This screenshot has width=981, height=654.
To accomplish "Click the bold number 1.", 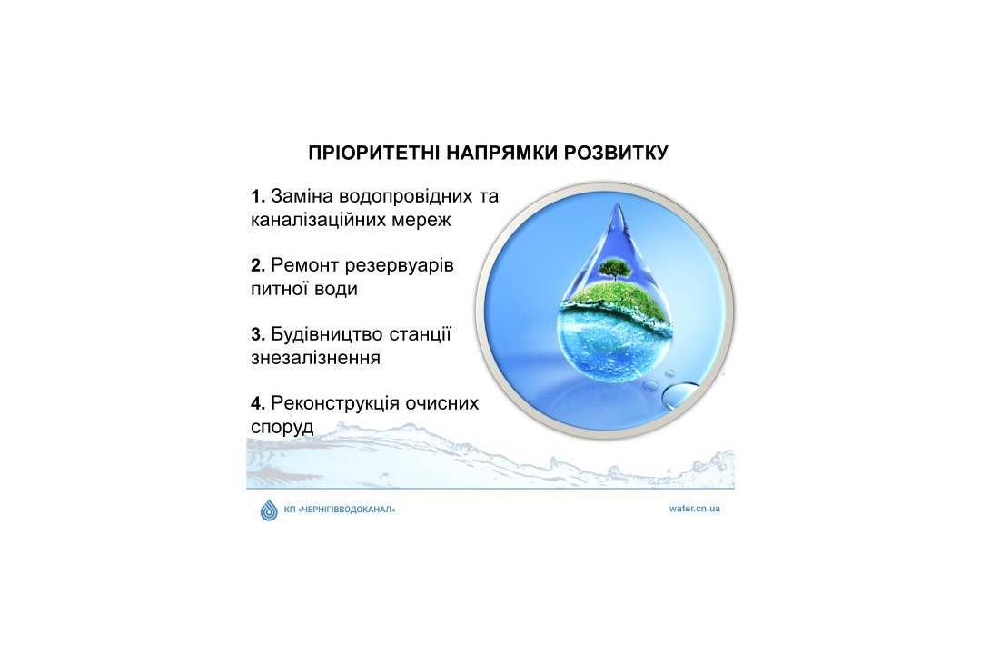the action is tap(258, 196).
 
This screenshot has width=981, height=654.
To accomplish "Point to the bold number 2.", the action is tap(258, 265).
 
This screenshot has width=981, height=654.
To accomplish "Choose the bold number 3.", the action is tap(258, 334).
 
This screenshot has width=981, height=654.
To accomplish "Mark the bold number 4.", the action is tap(258, 403).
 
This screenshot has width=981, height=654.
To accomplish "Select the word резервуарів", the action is tap(399, 266).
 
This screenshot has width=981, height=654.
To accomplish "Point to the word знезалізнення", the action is tap(315, 358).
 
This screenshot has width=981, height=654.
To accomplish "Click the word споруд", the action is tap(282, 428).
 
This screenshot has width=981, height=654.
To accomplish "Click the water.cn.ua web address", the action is tap(695, 508).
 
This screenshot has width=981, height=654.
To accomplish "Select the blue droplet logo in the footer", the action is tap(269, 510).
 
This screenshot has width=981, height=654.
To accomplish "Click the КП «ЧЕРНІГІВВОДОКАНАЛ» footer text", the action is tap(340, 510).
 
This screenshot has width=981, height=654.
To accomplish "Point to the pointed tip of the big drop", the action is tap(619, 203).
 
